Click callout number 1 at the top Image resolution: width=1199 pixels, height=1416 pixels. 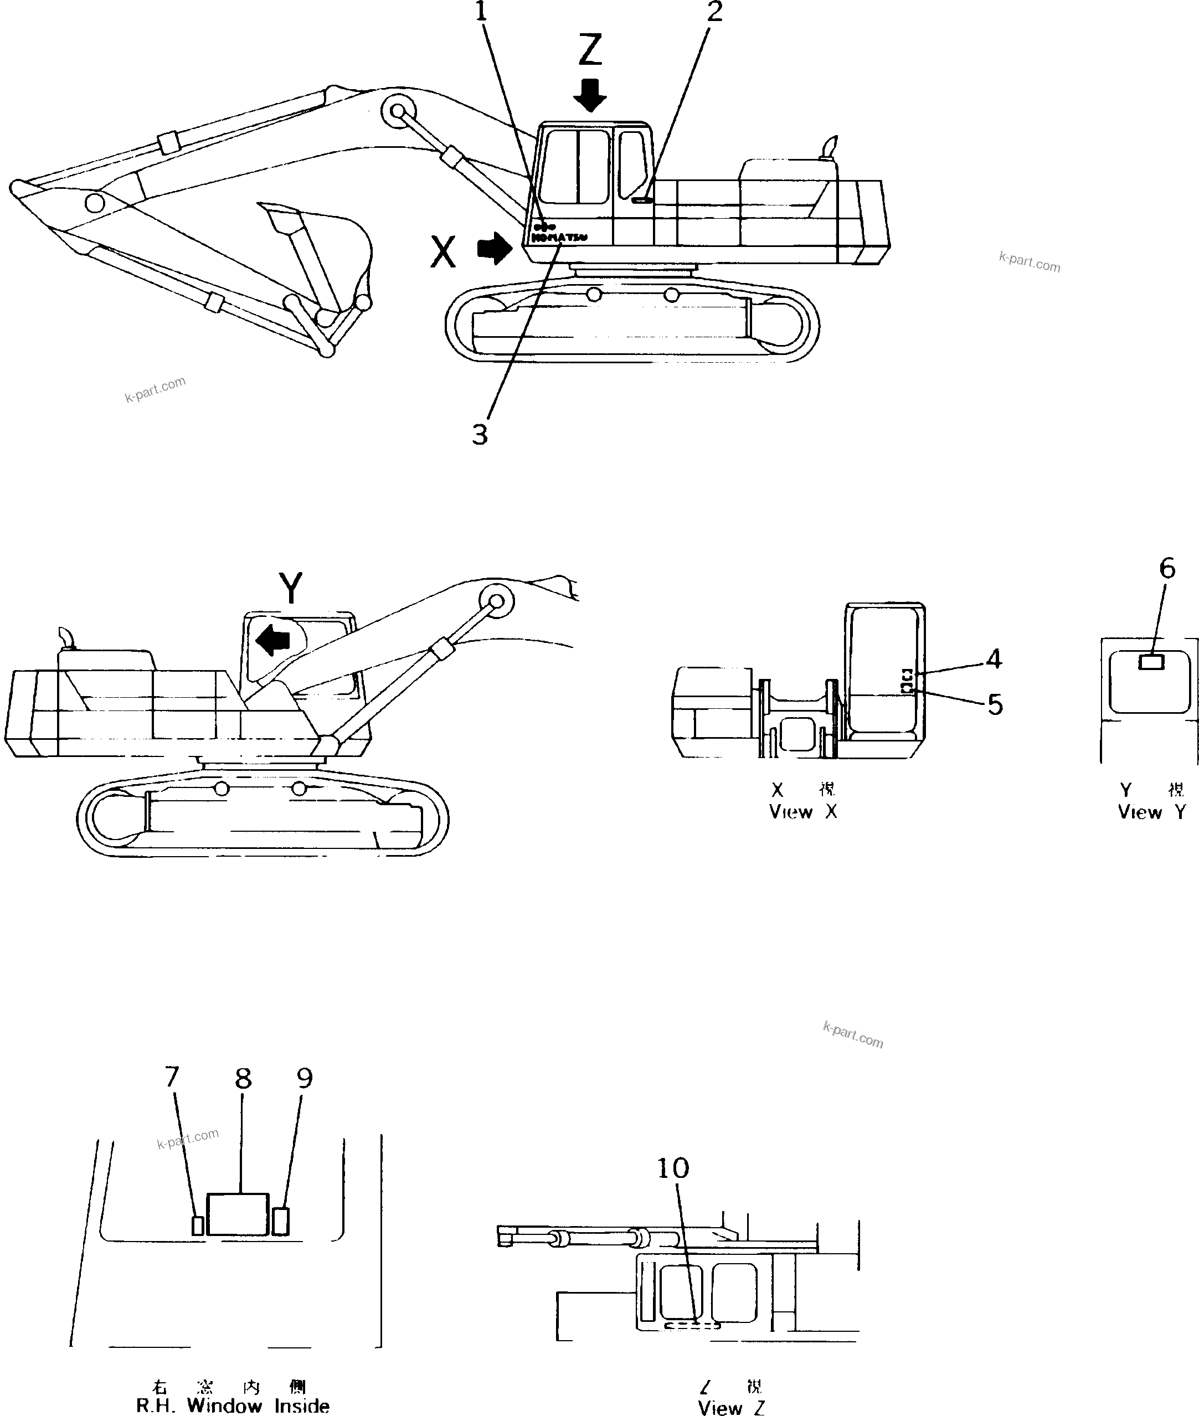tap(481, 12)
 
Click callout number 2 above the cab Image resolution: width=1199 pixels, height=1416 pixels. tap(714, 12)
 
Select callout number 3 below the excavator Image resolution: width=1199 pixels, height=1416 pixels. tap(480, 434)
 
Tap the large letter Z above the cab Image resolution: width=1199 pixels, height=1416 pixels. tap(589, 50)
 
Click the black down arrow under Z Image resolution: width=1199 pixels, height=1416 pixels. tap(589, 95)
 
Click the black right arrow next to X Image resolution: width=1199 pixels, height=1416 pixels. tap(494, 249)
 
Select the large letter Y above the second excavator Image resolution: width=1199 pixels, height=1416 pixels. tap(291, 588)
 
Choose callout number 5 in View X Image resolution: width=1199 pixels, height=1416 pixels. tap(995, 704)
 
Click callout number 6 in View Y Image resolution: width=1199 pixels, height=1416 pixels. tap(1166, 568)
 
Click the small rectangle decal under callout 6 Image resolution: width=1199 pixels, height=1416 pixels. tap(1151, 661)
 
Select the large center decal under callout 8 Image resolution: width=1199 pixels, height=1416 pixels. tap(237, 1214)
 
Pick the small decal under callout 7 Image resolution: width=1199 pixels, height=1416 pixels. tap(197, 1225)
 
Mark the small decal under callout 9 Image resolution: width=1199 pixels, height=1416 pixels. tap(280, 1221)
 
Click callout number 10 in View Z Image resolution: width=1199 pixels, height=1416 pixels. tap(672, 1168)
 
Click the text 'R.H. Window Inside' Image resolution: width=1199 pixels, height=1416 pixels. tap(233, 1405)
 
